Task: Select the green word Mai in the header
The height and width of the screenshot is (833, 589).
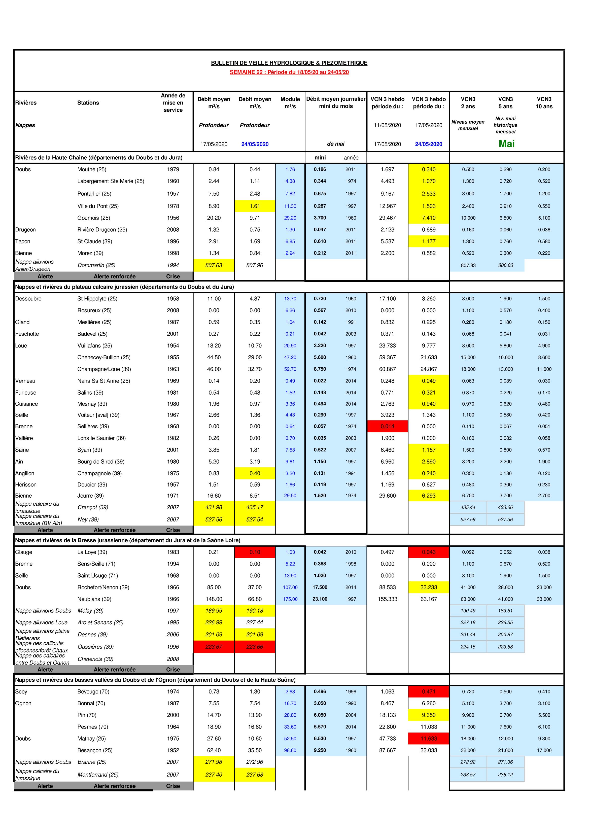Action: click(x=506, y=144)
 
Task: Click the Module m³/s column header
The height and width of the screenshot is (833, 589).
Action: click(x=290, y=103)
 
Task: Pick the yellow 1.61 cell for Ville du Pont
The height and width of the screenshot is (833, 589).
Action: click(x=255, y=206)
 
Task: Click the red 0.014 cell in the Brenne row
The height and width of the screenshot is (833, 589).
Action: click(x=387, y=426)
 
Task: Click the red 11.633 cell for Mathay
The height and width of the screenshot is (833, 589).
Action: click(x=429, y=738)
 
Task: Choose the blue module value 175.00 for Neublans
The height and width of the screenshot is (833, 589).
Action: click(x=290, y=599)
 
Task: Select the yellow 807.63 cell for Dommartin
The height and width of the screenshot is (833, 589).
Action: click(x=214, y=265)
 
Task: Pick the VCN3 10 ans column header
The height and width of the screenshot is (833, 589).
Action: click(x=544, y=103)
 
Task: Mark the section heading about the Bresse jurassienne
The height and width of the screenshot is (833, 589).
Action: click(x=127, y=540)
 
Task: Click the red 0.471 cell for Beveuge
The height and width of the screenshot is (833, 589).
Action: click(x=429, y=691)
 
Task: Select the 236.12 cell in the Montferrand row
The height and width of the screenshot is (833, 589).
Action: click(x=505, y=774)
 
